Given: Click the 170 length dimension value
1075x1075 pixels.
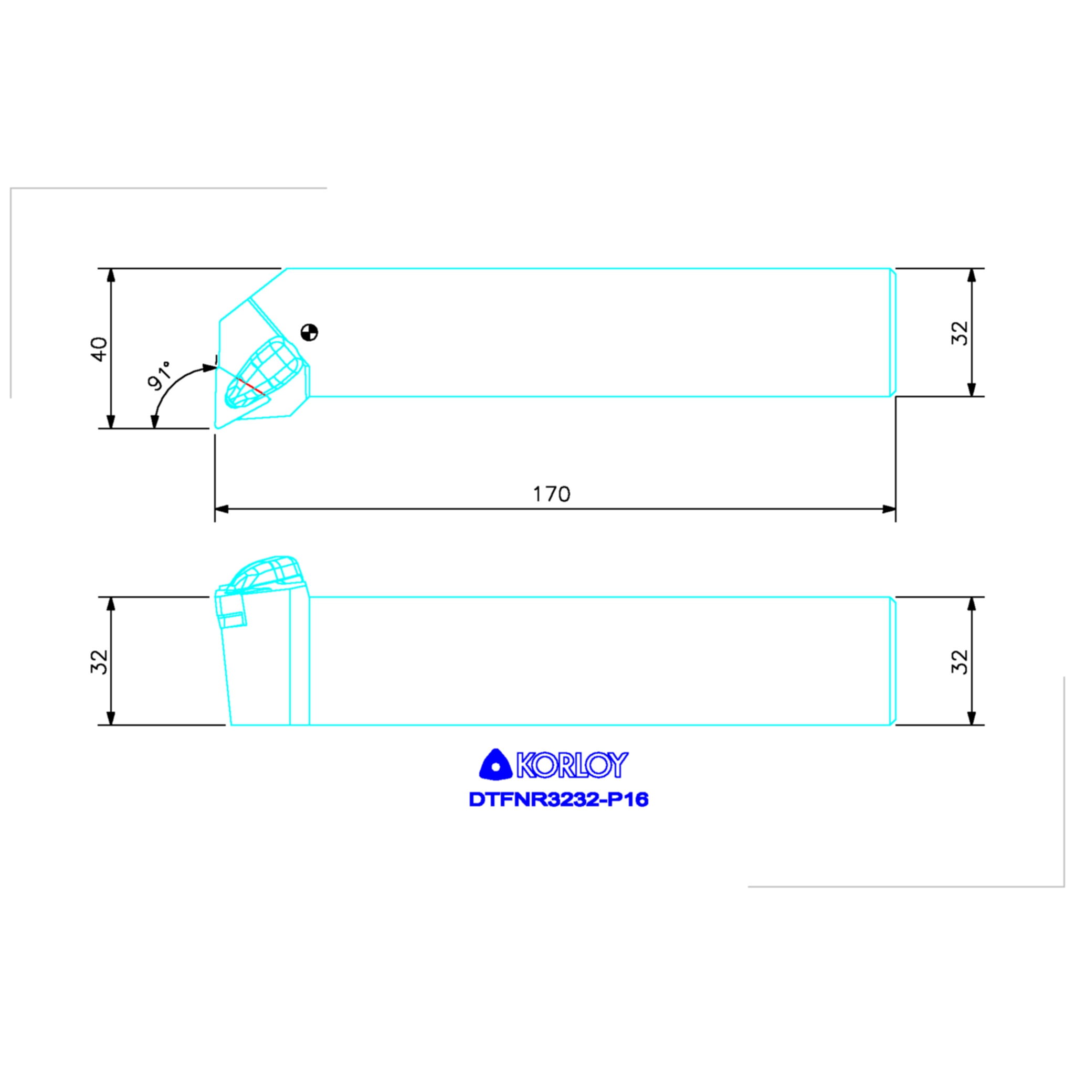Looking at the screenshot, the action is point(552,494).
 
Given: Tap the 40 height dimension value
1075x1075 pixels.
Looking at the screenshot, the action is point(100,349).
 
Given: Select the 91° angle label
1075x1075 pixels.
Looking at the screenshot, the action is point(160,376).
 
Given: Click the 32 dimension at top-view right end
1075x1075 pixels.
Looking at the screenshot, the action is point(960,333).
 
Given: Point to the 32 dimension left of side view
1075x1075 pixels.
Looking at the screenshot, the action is point(100,661).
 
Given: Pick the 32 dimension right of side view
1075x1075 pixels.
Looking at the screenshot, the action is point(960,661).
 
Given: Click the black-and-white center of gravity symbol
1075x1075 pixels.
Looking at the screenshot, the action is point(309,333).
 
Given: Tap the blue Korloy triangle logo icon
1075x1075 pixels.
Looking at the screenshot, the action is point(494,764).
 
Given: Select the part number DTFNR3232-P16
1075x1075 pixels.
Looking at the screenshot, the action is point(558,799).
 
